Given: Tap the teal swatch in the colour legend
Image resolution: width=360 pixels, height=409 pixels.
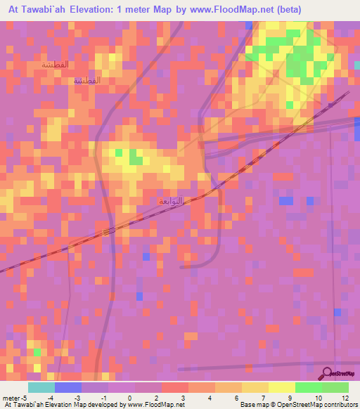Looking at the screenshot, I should pos(41,387).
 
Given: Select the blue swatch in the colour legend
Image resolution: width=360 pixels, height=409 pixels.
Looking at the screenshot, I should pos(67,387).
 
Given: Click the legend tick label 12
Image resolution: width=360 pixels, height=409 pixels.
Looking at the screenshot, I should pos(345,398).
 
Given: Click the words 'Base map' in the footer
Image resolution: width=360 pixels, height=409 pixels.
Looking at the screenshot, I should pos(252,405).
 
